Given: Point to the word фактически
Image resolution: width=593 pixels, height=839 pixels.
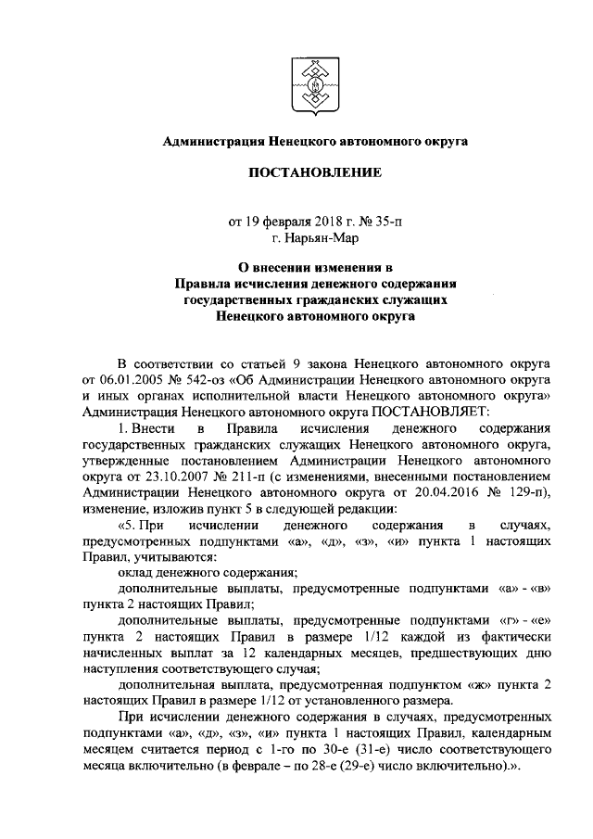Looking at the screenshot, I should tap(524, 639).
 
